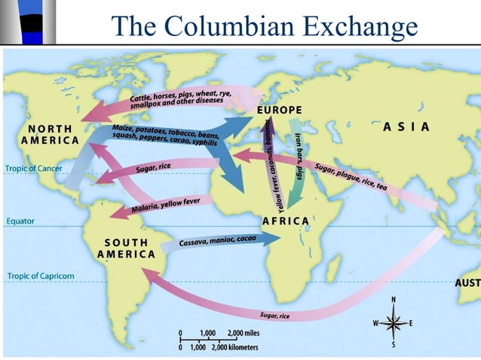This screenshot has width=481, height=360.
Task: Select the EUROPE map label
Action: [279, 110]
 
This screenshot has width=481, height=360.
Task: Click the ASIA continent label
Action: [406, 127]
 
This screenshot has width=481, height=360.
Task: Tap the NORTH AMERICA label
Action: [50, 134]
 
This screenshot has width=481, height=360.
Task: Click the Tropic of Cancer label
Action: [33, 168]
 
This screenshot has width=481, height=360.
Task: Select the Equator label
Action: [20, 221]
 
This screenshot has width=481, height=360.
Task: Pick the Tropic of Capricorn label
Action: [41, 276]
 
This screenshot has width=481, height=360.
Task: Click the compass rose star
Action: [393, 323]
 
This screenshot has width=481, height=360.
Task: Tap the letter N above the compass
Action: [393, 301]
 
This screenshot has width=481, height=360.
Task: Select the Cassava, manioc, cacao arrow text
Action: [218, 241]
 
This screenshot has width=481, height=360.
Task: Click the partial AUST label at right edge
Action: [467, 283]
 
